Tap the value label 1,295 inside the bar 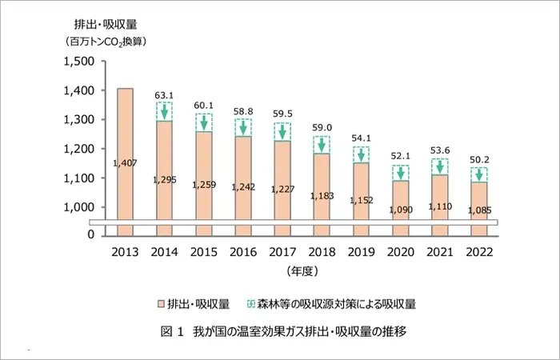click(164, 179)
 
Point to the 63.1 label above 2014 click(164, 95)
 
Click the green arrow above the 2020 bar click(399, 173)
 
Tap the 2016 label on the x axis click(242, 250)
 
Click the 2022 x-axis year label click(478, 250)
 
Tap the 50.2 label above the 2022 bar click(478, 159)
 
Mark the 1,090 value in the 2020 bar click(399, 210)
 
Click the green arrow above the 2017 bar click(282, 131)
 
